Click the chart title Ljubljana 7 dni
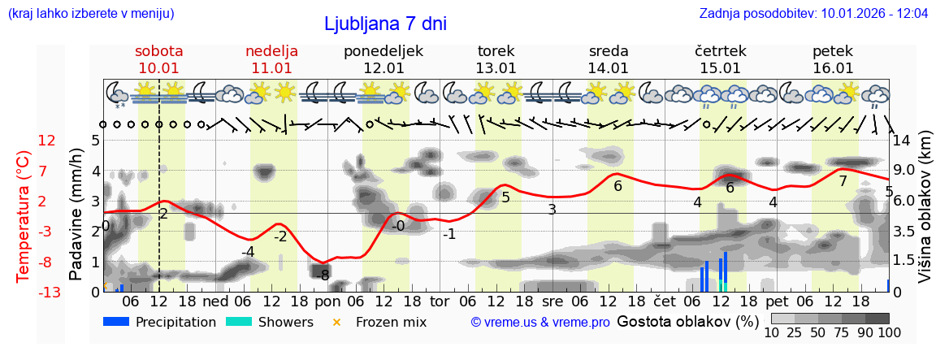click(385, 24)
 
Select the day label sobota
click(159, 51)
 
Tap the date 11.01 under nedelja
click(271, 68)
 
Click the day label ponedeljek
click(383, 51)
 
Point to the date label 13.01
click(496, 68)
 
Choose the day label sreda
click(609, 51)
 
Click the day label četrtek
click(721, 51)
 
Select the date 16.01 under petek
click(833, 68)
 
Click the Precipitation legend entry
click(160, 322)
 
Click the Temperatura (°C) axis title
click(24, 216)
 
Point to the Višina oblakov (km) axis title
click(924, 216)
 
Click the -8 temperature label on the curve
click(323, 275)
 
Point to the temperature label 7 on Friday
click(843, 181)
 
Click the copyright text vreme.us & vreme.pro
click(540, 323)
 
